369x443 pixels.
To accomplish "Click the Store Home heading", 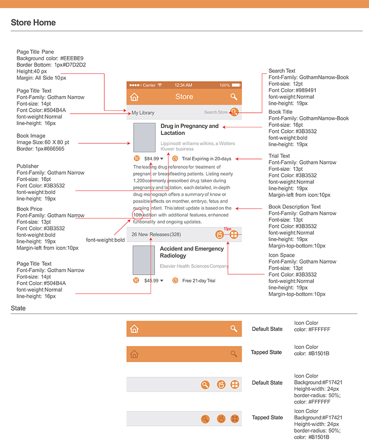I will tap(33, 23).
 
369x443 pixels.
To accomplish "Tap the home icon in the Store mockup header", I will tap(134, 97).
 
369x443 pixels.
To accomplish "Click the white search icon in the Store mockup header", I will tap(234, 97).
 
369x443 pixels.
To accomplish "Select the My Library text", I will tap(143, 113).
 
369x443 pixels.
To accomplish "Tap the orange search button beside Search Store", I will tap(235, 112).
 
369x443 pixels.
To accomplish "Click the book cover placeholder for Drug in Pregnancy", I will tap(144, 137).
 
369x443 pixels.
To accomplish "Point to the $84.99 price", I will tap(152, 158).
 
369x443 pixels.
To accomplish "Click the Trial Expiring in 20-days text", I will tap(206, 158).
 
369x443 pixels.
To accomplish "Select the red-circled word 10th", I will tap(138, 215).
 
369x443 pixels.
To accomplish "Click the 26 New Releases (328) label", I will tap(156, 234).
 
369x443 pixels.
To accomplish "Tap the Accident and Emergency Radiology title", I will tap(191, 252).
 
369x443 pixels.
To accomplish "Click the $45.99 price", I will tap(151, 281).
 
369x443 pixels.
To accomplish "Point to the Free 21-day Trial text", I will tap(199, 281).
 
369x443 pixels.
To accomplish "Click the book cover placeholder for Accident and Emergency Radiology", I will tap(144, 260).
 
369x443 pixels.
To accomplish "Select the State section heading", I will tap(18, 308).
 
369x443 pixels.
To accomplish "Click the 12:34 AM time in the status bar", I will tap(183, 85).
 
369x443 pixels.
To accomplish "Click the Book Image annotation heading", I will tap(31, 136).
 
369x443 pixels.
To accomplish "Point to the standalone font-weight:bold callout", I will tap(105, 240).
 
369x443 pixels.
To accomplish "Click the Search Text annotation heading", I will tap(282, 71).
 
